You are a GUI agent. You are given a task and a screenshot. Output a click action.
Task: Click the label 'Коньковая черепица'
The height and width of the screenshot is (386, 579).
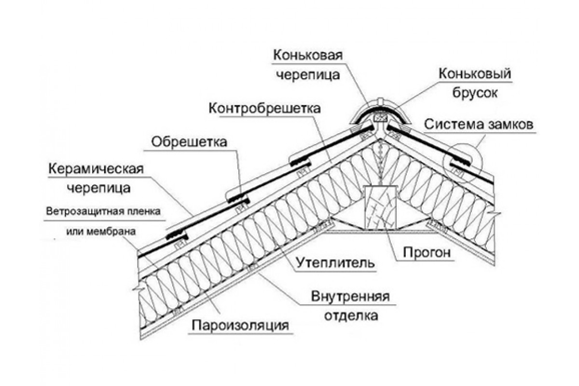pos(308,65)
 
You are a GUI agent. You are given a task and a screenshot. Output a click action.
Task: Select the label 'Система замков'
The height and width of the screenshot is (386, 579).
pos(479,124)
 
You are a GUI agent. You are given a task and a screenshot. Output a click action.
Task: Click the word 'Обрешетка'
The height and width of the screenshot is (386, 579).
pos(189,142)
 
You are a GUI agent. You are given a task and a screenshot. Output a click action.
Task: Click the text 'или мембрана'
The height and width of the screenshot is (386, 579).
pos(100,231)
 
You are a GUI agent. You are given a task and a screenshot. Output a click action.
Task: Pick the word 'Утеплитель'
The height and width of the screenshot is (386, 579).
pos(335,263)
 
